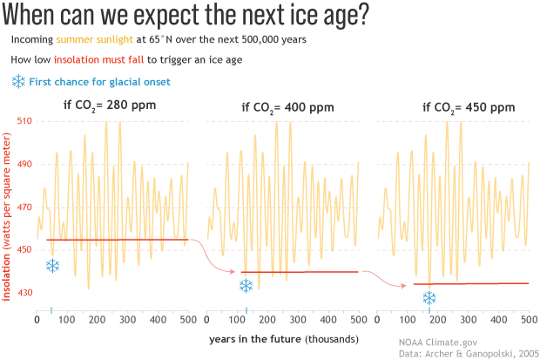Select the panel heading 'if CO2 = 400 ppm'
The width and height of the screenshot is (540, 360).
tap(287, 108)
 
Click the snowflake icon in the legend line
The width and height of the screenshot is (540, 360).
tap(18, 82)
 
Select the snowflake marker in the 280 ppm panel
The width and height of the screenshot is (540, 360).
tap(52, 266)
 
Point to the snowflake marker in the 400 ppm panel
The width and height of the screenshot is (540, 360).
tap(246, 286)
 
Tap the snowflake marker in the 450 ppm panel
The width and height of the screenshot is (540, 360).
tap(429, 298)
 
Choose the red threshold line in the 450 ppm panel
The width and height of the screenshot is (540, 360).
tap(470, 283)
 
